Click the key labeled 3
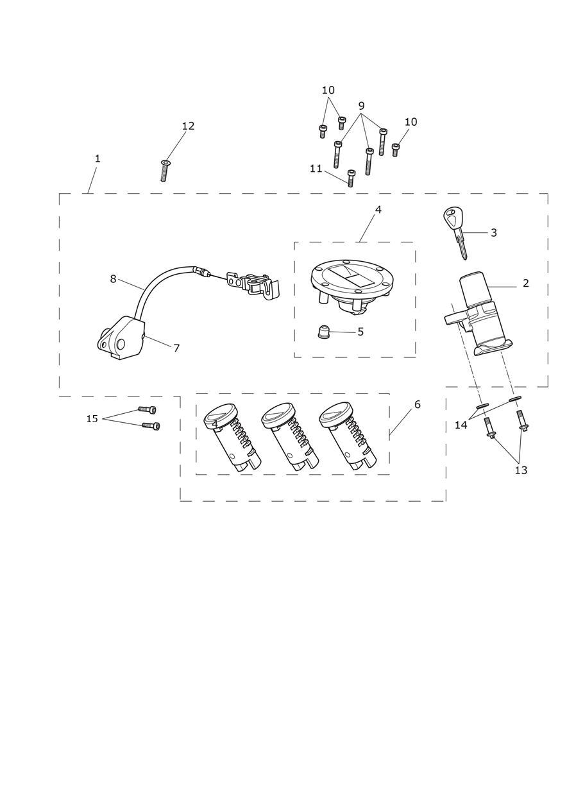(455, 233)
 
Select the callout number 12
(189, 126)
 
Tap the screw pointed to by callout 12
(164, 171)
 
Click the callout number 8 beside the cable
(113, 278)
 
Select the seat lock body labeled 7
(121, 337)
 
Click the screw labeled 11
(351, 178)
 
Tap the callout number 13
(521, 470)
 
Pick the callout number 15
(92, 418)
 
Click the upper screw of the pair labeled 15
(147, 409)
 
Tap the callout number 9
(361, 106)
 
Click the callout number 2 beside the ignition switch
(525, 283)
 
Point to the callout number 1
(97, 158)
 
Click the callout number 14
(461, 425)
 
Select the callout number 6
(418, 404)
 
